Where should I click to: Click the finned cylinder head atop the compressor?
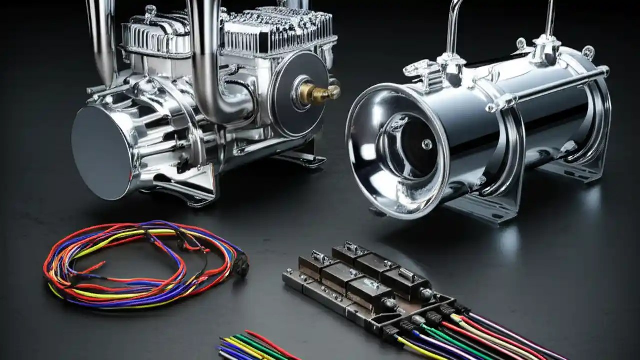point(277,30)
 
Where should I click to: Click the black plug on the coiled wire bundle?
point(242,267)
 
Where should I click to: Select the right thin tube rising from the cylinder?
point(550,20)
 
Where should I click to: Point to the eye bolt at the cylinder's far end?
point(588,51)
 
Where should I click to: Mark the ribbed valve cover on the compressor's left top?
point(155,37)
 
